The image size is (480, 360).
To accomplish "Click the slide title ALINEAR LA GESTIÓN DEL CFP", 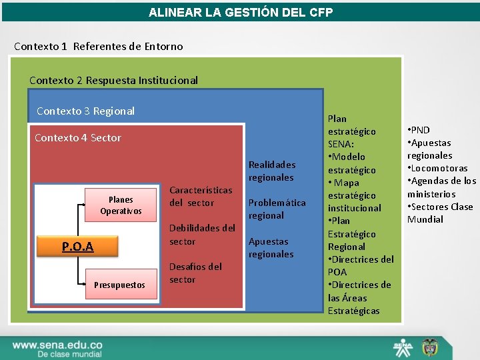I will coord(240,13).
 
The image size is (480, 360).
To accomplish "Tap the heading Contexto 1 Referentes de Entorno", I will coord(99,46).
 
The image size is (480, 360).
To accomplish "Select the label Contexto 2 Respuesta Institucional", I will coord(113,80).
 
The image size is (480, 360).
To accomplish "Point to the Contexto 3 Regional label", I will coord(85,111).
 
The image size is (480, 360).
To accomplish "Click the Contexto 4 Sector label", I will coord(77,137).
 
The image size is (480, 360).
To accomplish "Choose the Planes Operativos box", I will coord(121,205).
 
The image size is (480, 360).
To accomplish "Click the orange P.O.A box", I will coord(77,247).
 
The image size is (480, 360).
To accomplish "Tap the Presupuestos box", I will coord(119,285).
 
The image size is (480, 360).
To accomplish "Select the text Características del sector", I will coord(201,196).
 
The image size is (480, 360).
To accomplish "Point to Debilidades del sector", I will coord(202,235).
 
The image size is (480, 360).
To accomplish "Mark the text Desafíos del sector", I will coord(195,273).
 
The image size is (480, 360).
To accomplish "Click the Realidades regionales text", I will coord(271,171).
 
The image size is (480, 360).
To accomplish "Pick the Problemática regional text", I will coord(277,209).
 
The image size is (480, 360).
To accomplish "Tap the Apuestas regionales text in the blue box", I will coord(271,247).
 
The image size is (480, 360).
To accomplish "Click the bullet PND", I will coord(421,130).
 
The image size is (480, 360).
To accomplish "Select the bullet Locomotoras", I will coord(439,168).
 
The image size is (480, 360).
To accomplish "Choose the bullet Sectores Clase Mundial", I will coord(439,213).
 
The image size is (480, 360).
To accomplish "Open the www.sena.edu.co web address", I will coord(57,345).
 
